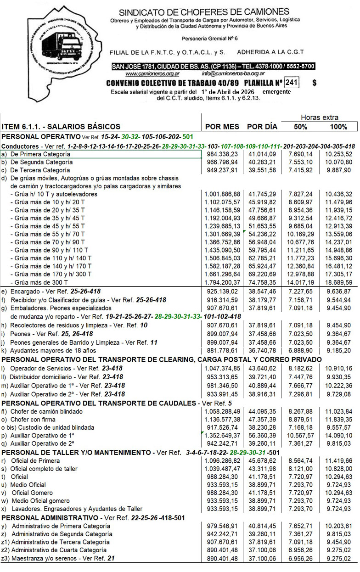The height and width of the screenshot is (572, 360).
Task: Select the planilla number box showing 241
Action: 291,83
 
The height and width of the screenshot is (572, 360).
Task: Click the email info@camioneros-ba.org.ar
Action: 233,73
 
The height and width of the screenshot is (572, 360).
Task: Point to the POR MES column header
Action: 222,127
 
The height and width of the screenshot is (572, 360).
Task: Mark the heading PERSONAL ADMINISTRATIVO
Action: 52,517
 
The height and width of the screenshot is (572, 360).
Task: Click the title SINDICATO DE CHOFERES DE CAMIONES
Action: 204,12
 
